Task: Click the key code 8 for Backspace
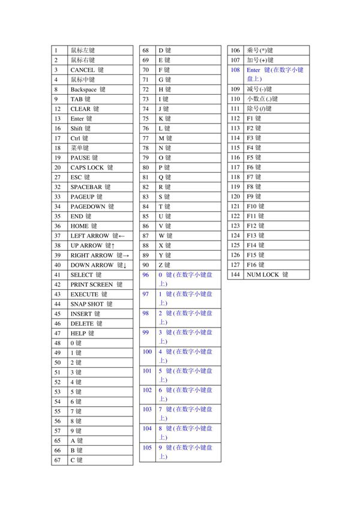pos(56,89)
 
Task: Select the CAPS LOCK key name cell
pos(91,167)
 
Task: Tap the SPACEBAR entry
pos(90,187)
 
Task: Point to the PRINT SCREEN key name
pos(96,284)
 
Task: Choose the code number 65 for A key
pos(58,440)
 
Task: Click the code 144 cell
pos(235,274)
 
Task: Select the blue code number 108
pos(235,70)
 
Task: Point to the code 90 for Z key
pos(145,265)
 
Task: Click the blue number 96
pos(145,274)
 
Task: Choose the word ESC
pos(76,177)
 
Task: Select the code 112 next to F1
pos(235,118)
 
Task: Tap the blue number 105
pos(147,448)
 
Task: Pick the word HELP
pos(79,333)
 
